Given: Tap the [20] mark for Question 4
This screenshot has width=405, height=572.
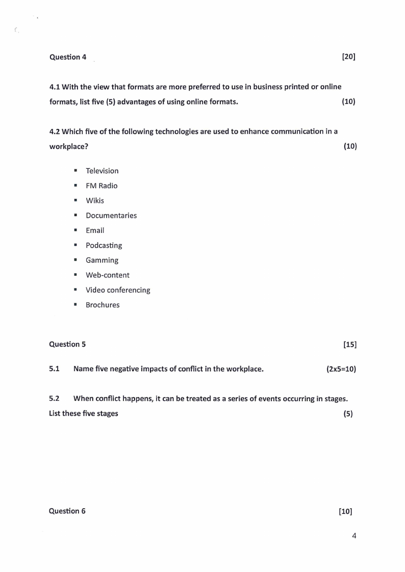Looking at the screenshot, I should coord(348,57).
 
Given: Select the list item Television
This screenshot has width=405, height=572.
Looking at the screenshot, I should coord(102,171).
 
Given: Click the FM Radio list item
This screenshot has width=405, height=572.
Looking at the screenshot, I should coord(102,186).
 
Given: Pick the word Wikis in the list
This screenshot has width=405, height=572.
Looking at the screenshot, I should coord(95,200).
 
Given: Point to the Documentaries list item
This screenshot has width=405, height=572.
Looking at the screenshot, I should coord(111,215).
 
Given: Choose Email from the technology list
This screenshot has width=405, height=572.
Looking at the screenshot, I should coord(95,230).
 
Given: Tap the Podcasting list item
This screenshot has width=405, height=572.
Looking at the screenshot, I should coord(104,245).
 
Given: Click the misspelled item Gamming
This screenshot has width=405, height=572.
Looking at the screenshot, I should coord(102,260).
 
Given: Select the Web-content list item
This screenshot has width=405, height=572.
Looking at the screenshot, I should coord(108,275).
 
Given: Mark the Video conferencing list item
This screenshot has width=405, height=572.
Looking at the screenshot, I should coord(118,290).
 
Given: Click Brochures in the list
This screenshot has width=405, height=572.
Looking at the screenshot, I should coord(103,305).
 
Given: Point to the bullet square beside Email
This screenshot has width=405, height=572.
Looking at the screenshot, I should coord(75,230).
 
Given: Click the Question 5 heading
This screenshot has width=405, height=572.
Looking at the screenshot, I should coord(67,344).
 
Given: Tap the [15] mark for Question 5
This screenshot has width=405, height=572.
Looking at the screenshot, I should coord(350,344).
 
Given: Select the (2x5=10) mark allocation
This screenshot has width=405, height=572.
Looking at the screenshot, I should coord(341,369).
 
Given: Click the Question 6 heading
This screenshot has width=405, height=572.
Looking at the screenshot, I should coord(67,511).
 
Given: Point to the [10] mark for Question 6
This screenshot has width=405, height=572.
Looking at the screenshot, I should coord(345,511).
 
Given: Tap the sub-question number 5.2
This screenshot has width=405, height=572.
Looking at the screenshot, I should coord(55,399).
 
